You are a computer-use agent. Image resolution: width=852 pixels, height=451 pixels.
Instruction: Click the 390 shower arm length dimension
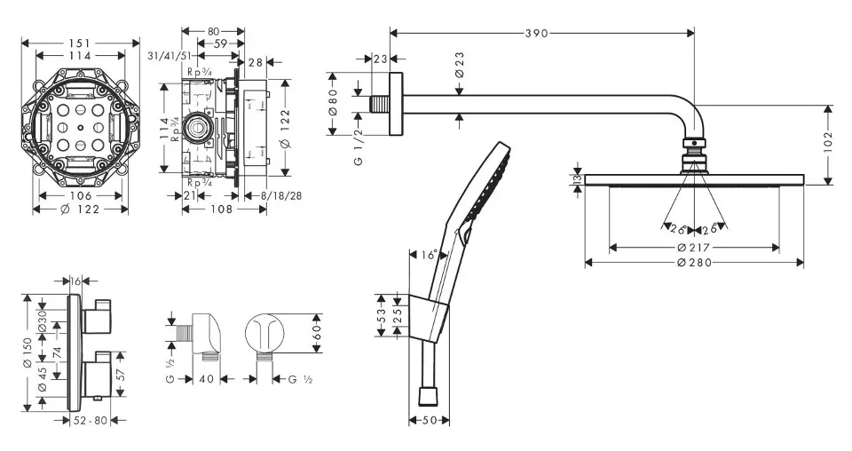(x=536, y=33)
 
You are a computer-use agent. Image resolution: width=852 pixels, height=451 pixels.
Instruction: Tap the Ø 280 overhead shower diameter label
(x=694, y=262)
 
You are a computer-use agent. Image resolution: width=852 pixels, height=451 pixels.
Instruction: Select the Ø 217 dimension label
(x=694, y=246)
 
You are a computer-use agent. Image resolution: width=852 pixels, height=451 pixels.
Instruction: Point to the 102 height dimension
(x=828, y=145)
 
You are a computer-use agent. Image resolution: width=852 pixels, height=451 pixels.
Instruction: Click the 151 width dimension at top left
(x=81, y=41)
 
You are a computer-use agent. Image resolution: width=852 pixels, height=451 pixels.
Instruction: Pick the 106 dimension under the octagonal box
(x=81, y=195)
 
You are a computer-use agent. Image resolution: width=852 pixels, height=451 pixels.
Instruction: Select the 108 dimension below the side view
(x=222, y=210)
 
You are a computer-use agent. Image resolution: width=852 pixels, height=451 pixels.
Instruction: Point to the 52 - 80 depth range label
(x=90, y=420)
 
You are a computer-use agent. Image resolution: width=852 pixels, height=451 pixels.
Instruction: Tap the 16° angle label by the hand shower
(x=429, y=255)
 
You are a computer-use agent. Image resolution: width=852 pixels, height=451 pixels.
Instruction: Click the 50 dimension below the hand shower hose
(x=429, y=420)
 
